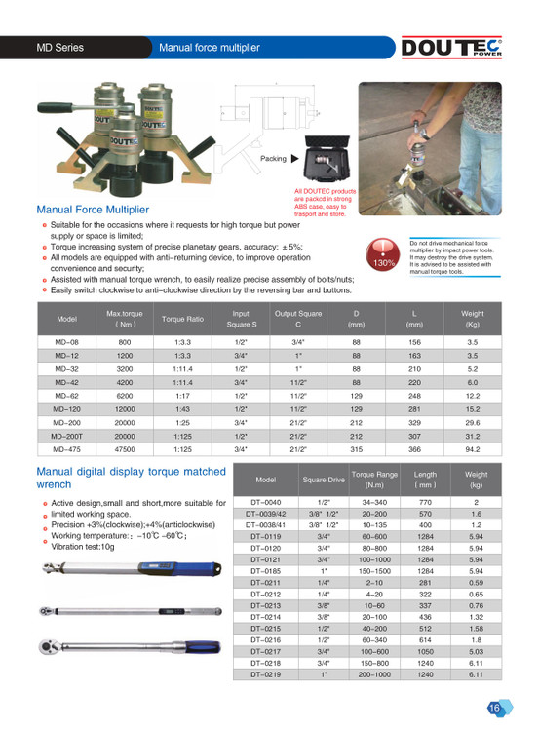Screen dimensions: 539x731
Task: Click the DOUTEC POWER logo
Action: click(451, 47)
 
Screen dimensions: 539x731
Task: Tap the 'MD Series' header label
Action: click(60, 48)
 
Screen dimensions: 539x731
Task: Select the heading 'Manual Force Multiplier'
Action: click(93, 210)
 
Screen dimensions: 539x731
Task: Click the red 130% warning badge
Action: click(383, 254)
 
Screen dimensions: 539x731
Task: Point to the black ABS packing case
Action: click(327, 159)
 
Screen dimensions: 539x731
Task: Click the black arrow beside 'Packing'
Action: click(294, 159)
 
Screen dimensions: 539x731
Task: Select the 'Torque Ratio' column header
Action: click(182, 319)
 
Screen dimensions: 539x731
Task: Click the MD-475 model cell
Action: click(66, 449)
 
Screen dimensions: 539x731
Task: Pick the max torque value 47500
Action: click(125, 449)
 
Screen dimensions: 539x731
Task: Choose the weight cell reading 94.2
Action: click(473, 449)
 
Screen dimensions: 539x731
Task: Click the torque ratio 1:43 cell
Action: click(182, 409)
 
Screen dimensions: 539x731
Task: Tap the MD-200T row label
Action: click(66, 437)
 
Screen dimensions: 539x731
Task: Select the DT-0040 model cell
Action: click(266, 502)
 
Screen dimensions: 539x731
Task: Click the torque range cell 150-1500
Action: click(374, 571)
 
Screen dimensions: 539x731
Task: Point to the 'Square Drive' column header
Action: click(324, 480)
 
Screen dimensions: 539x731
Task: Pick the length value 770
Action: click(425, 502)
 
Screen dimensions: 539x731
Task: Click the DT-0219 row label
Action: click(266, 674)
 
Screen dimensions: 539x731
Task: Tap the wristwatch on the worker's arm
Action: click(424, 135)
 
